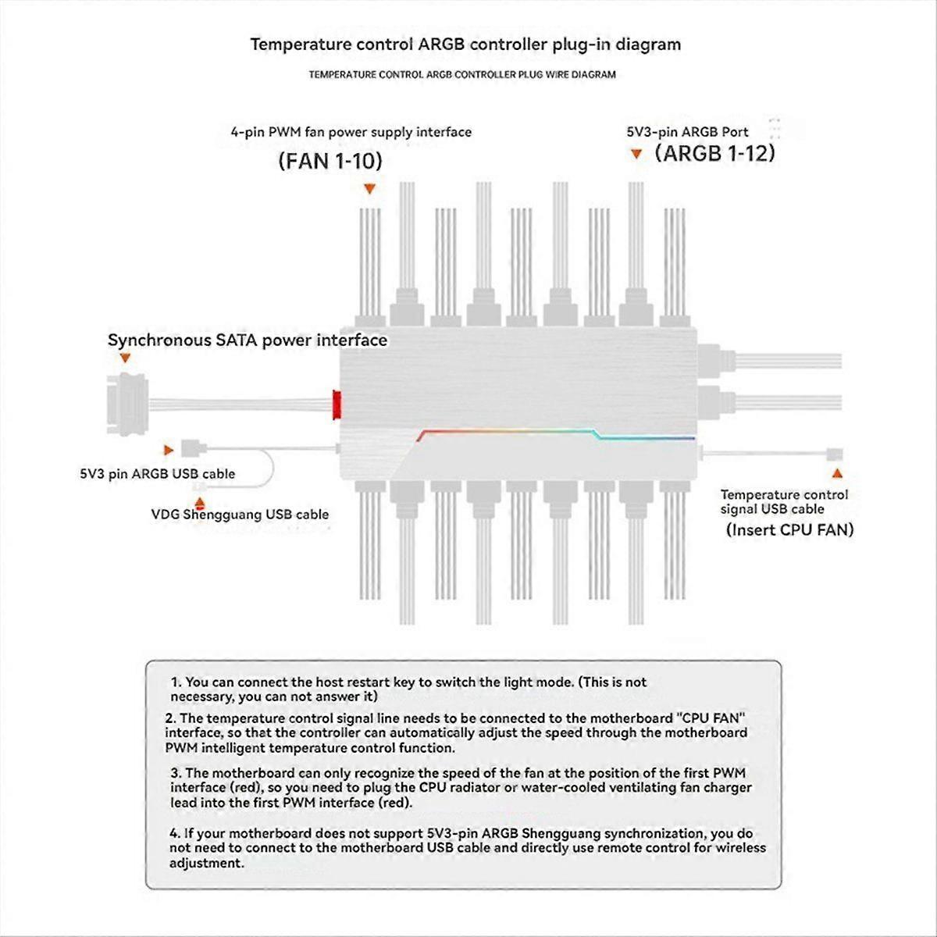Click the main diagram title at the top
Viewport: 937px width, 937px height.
(465, 45)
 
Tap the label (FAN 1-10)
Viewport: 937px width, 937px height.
(330, 162)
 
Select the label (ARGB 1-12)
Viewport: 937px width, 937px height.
(714, 153)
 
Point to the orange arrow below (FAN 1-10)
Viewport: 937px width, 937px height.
(370, 189)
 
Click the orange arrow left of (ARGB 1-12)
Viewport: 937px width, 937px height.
(636, 155)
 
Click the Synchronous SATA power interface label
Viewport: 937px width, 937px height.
(248, 340)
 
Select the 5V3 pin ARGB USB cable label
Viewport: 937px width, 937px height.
(157, 473)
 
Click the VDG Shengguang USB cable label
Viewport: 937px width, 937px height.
(240, 515)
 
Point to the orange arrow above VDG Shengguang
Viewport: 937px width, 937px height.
(200, 504)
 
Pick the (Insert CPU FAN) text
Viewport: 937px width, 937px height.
(789, 530)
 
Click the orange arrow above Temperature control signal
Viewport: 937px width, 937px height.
(838, 473)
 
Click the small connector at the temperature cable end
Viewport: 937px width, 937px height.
(835, 453)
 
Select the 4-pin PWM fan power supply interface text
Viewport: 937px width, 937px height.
(351, 132)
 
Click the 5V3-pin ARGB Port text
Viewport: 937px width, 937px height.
(687, 132)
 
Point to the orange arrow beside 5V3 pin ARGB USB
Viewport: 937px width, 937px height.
(168, 451)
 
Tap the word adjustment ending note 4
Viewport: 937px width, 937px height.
(207, 863)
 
